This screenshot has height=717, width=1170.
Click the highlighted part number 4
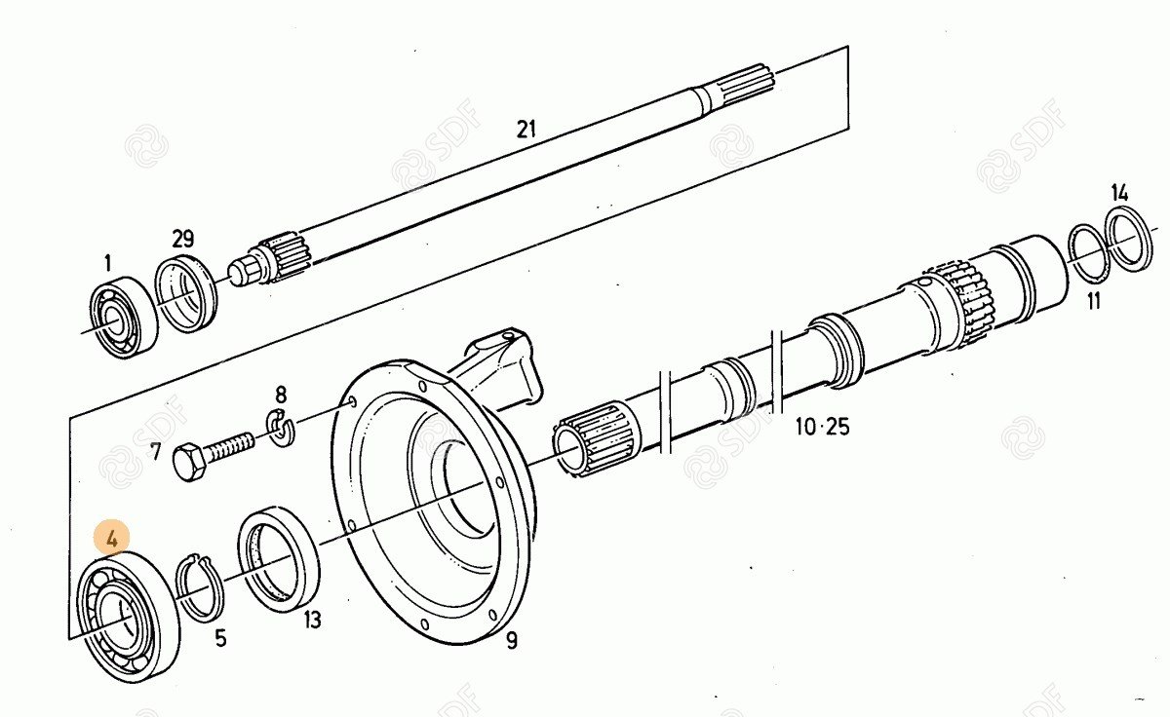tap(112, 537)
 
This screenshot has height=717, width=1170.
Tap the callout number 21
tap(526, 129)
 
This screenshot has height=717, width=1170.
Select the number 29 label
tap(182, 239)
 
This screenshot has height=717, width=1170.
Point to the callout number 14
tap(1119, 191)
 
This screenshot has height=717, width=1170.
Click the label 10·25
tap(822, 427)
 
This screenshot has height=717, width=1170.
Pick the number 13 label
tap(312, 620)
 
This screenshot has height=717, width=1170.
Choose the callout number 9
tap(512, 640)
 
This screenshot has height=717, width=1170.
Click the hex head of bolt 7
tap(190, 462)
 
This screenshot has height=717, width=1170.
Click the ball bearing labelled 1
tap(124, 317)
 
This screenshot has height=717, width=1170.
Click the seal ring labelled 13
tap(280, 561)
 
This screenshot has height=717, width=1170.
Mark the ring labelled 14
tap(1131, 239)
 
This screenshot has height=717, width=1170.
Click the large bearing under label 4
tap(127, 616)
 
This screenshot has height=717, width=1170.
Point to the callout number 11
tap(1094, 301)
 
